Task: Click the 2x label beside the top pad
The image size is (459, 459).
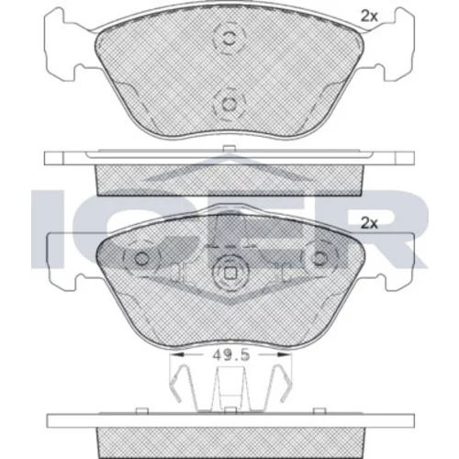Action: coord(369,17)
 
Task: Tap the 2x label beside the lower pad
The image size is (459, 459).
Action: coord(369,223)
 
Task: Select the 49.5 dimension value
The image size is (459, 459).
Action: coord(231,355)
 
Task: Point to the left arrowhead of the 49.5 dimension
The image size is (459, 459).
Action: coord(177,354)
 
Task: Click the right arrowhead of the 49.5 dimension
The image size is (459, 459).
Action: coord(284,354)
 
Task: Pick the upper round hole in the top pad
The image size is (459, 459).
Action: coord(229,39)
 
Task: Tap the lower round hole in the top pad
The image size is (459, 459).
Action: coord(229,105)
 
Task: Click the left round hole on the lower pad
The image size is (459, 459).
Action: coord(141,259)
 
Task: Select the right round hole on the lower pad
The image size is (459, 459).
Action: coord(319,259)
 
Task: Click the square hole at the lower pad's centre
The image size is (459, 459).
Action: coord(229,274)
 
